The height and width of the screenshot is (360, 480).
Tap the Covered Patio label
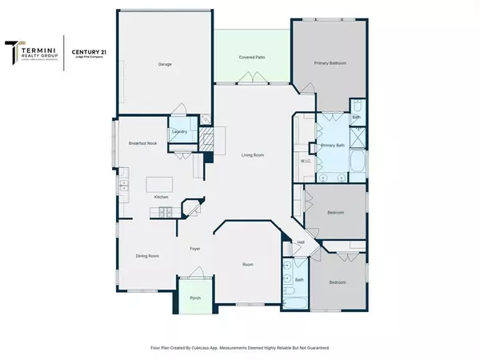[x=252, y=58]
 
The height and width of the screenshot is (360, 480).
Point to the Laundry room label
[x=180, y=132]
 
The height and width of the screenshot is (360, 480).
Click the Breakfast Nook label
[x=142, y=143]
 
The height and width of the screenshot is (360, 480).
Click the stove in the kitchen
[x=164, y=211]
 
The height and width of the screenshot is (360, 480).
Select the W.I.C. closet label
[x=305, y=161]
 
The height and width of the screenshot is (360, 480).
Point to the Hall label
[x=301, y=242]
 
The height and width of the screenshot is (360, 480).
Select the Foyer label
[x=194, y=249]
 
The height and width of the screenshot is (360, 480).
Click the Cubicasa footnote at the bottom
[x=240, y=347]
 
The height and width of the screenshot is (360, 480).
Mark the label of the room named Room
[x=249, y=263]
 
